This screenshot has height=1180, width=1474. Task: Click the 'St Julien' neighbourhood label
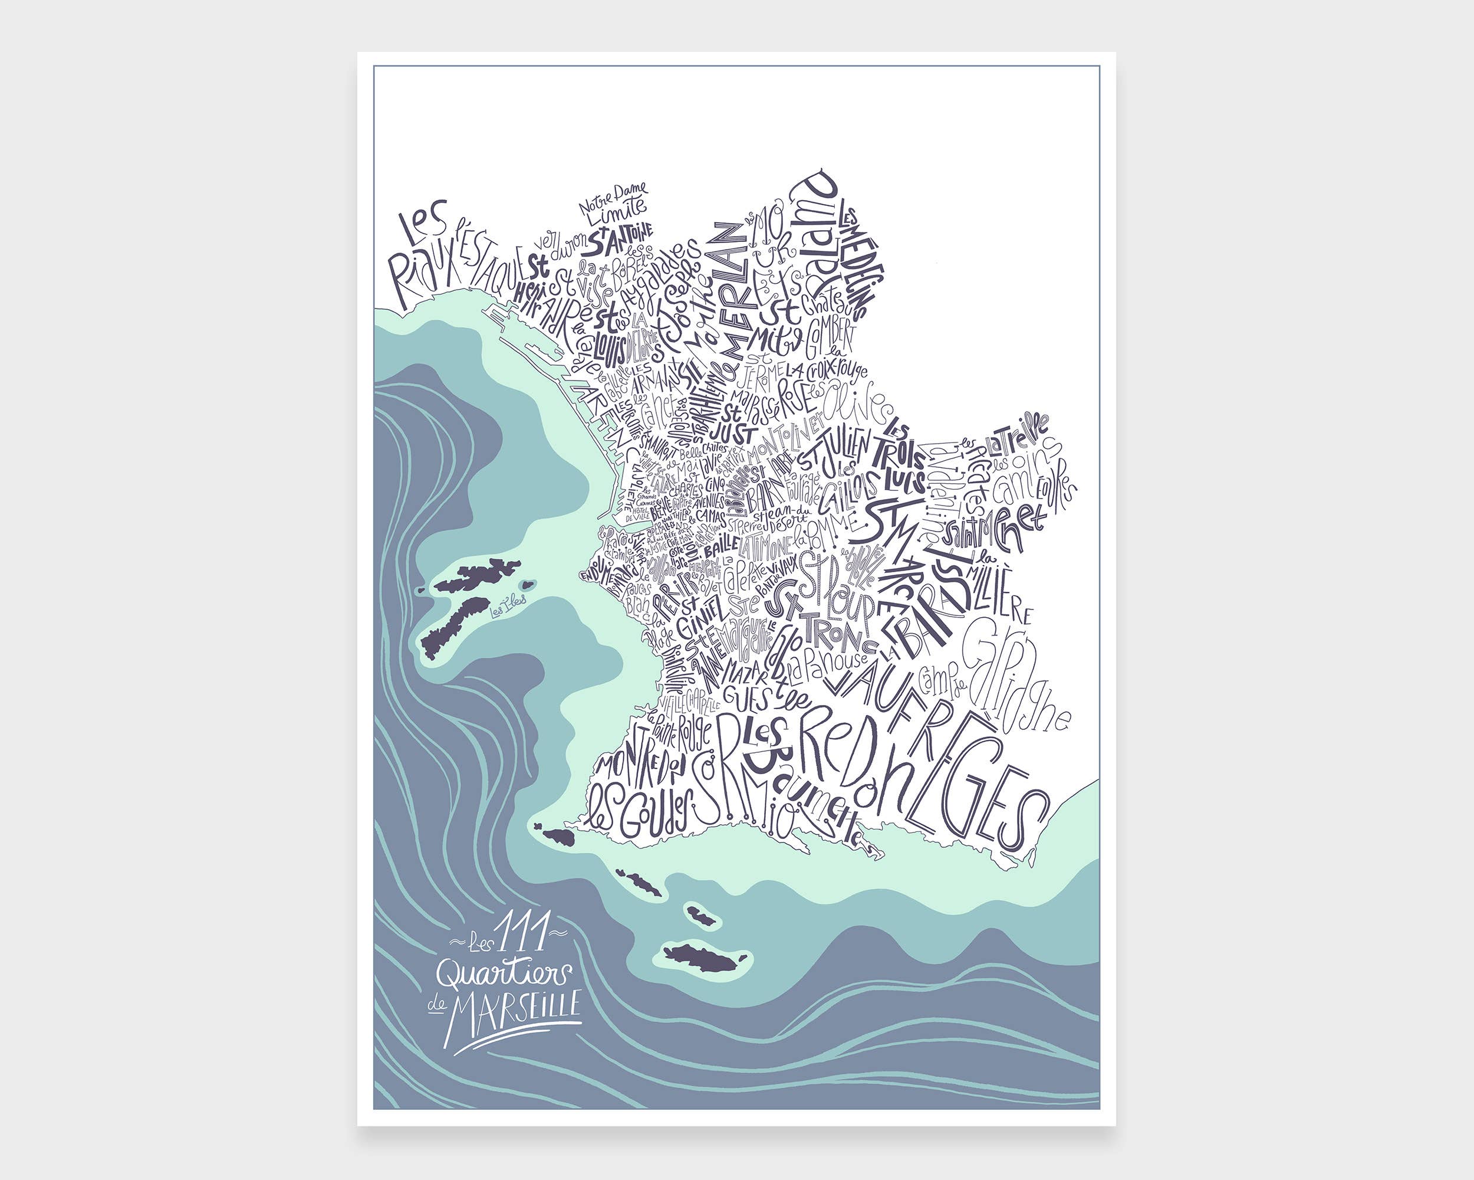(x=835, y=450)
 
